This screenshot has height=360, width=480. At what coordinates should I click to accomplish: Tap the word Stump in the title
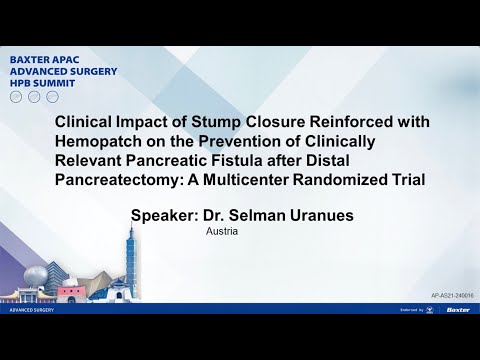click(233, 122)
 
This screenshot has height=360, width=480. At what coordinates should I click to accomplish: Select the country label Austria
click(221, 231)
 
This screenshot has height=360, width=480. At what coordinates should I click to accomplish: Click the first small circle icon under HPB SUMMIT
click(15, 96)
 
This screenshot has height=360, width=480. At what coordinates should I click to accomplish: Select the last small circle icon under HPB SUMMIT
click(50, 96)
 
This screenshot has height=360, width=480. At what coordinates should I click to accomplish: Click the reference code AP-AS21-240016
click(451, 297)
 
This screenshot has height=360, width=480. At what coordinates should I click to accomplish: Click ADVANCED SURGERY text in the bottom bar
click(33, 310)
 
